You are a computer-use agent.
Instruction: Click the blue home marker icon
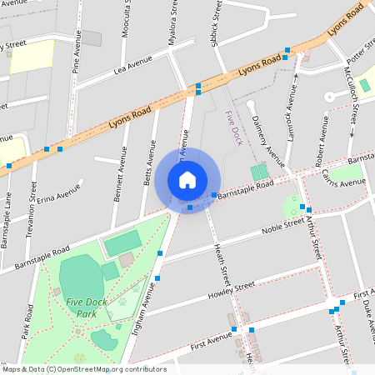(x=187, y=180)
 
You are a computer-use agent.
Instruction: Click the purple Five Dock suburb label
(x=233, y=130)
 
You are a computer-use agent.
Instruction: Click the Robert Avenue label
(x=317, y=149)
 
